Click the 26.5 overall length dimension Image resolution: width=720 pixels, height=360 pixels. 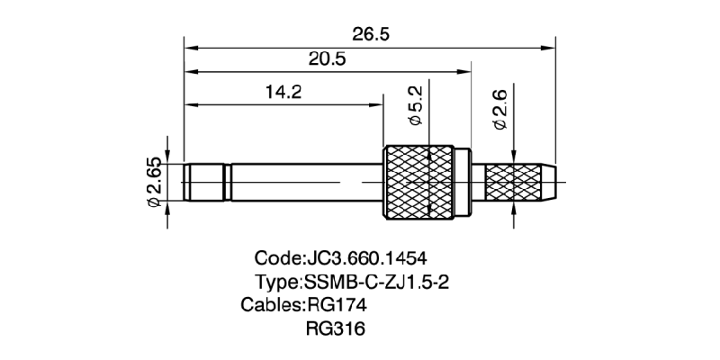[370, 33]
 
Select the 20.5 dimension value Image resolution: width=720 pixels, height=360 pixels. [328, 59]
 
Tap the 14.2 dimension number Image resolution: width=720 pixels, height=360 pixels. [283, 92]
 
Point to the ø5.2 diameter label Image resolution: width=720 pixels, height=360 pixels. [416, 106]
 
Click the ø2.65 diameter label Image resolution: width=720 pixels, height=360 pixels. [154, 184]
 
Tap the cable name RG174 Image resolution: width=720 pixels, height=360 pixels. [337, 304]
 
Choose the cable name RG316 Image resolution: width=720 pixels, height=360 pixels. [336, 328]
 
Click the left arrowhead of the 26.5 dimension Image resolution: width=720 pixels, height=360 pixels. [189, 43]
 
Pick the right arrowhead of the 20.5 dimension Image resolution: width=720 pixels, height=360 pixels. [466, 71]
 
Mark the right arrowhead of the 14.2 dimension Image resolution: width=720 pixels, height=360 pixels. [380, 103]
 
